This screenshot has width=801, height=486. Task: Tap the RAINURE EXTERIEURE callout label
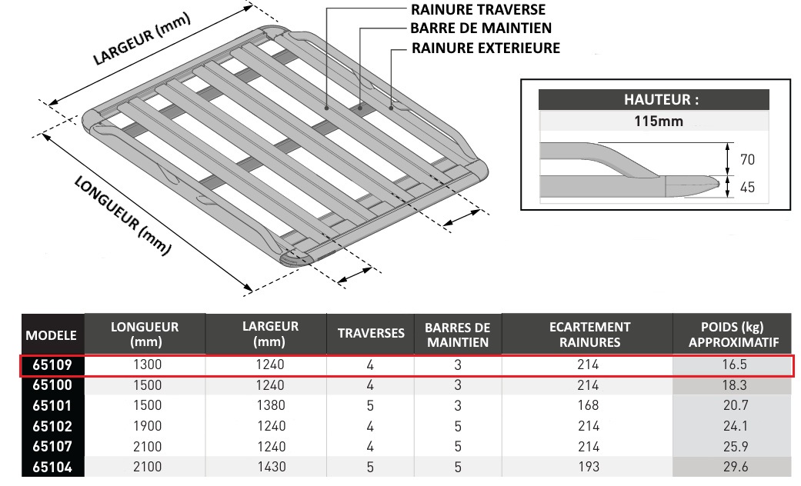[486, 48]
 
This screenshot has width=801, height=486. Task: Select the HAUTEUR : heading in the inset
[652, 99]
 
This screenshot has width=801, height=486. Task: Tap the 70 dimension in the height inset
[746, 160]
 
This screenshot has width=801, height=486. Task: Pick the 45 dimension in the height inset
[746, 187]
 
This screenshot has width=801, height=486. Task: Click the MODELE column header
[52, 335]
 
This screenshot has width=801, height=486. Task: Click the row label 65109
[51, 364]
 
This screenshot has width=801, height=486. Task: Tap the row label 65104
[51, 466]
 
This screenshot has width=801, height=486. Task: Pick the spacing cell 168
[589, 405]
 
